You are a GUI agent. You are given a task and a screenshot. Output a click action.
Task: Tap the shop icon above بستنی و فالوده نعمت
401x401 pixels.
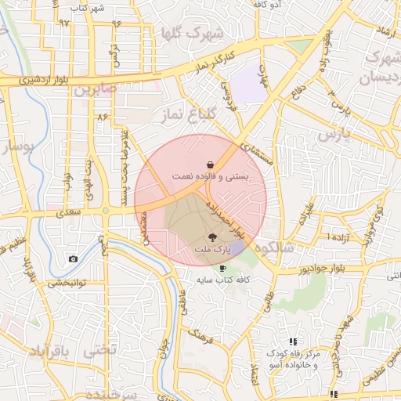tap(211, 164)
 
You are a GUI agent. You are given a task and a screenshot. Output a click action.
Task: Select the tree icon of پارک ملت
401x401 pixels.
tap(212, 237)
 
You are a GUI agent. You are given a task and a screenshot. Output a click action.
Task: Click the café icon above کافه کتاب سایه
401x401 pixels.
tap(223, 269)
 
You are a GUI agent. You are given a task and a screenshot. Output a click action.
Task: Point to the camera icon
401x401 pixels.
tap(73, 259)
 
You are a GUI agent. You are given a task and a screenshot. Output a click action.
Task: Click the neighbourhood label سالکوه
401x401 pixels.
tap(289, 247)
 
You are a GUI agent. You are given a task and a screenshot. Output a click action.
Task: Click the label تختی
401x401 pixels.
tap(100, 350)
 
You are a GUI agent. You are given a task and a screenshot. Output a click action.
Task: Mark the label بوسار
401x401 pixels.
tap(20, 146)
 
